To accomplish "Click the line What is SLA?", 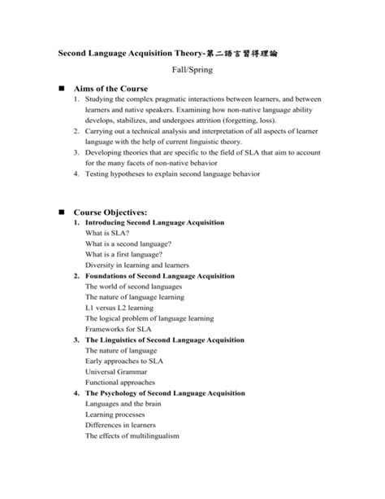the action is tap(106, 233).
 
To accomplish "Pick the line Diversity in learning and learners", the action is tap(137, 265).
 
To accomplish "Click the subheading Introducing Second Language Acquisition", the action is tap(155, 222).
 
